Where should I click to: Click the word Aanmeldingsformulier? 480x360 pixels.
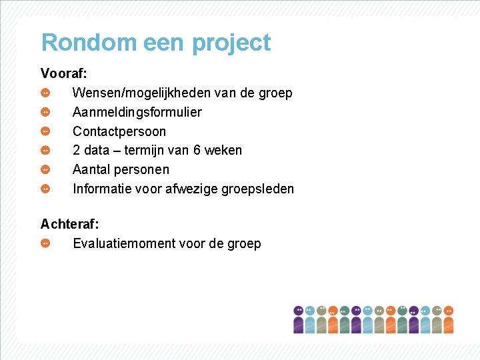(x=137, y=112)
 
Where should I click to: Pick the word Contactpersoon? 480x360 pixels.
(x=119, y=131)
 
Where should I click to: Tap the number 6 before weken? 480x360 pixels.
(x=197, y=150)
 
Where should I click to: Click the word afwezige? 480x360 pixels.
(x=194, y=189)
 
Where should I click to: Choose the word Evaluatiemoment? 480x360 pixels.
(x=124, y=243)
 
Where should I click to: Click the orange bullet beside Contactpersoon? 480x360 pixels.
(x=45, y=131)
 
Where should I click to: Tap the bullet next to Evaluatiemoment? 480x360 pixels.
(x=45, y=243)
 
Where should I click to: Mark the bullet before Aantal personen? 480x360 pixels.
(x=45, y=169)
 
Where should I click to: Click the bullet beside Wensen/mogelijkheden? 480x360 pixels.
(x=45, y=93)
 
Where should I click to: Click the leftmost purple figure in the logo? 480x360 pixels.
(x=299, y=319)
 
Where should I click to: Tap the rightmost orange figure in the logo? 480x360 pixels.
(x=448, y=319)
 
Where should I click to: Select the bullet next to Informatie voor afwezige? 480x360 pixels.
(x=45, y=189)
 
